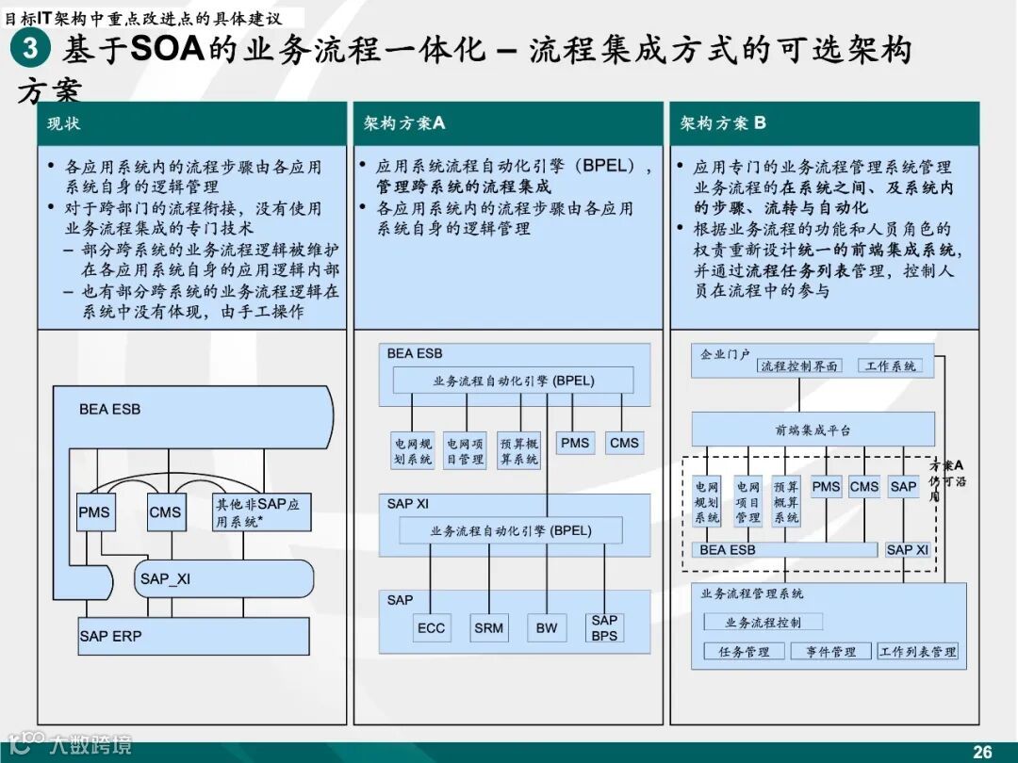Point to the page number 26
(x=982, y=751)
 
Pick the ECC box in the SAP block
(x=431, y=628)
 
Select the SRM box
(x=489, y=628)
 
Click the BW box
(x=547, y=628)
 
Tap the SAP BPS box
(x=604, y=627)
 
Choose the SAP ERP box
(x=193, y=637)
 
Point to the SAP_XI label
(x=165, y=578)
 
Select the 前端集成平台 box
(x=813, y=430)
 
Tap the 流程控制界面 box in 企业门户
(x=799, y=365)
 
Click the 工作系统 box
(x=890, y=365)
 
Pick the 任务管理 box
(x=744, y=651)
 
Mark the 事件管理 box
(x=830, y=651)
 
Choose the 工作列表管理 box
(x=917, y=651)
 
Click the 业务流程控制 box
(x=763, y=622)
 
